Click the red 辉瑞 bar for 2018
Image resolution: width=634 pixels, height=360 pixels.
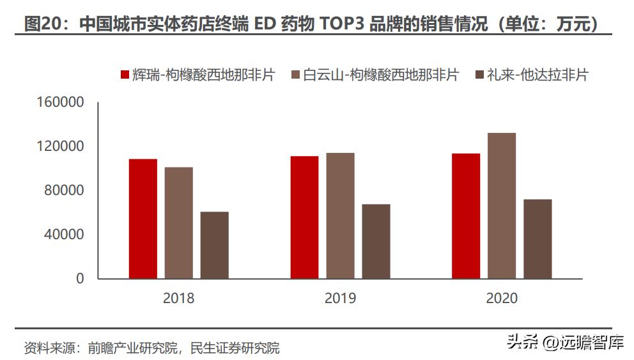pos(143,219)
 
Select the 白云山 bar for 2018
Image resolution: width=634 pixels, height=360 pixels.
pos(178,223)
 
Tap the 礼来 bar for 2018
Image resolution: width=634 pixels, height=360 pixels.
pos(214,245)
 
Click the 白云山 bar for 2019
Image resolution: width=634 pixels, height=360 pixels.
pos(340,215)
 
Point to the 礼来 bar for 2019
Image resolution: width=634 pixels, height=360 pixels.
pos(376,241)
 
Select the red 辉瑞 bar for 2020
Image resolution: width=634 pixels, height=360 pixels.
pos(466,216)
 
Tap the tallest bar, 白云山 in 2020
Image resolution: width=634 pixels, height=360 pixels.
pos(502,205)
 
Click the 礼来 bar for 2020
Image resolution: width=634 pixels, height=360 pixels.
pos(537,239)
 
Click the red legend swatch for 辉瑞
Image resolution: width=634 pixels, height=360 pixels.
pos(125,75)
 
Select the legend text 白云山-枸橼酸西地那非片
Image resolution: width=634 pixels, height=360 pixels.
pos(380,75)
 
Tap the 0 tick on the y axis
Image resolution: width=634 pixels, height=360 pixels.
pos(80,279)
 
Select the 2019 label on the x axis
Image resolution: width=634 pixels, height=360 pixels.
pos(340,299)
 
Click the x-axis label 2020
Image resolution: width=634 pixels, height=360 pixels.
pos(502,299)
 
